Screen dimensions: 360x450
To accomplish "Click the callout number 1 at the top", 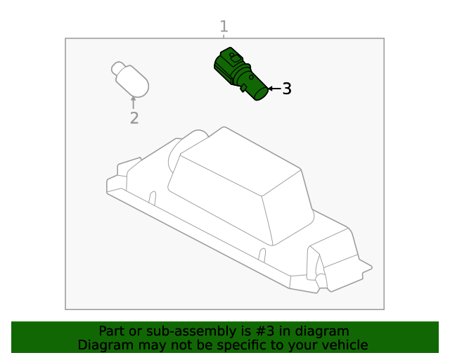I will click(224, 27).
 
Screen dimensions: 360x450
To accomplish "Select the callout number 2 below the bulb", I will click(134, 118).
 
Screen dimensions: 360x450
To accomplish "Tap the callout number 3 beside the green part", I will click(286, 89).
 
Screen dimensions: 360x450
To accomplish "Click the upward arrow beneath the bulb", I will click(134, 103).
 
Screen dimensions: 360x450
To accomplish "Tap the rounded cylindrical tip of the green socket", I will click(258, 90).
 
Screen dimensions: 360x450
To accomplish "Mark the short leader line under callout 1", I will click(224, 36).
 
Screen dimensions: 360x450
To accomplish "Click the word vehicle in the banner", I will click(344, 345).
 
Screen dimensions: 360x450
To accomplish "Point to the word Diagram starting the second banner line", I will click(105, 345).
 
